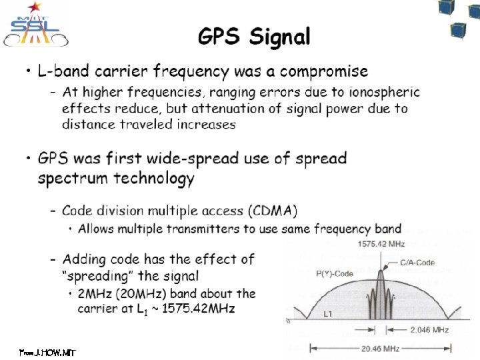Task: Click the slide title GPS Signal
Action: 254,37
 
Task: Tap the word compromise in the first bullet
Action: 323,71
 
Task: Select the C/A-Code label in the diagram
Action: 417,263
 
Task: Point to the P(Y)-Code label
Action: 335,273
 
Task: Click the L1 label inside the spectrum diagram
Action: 329,313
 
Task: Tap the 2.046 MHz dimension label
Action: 429,330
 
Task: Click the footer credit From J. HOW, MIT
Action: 47,351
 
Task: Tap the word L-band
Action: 65,71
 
